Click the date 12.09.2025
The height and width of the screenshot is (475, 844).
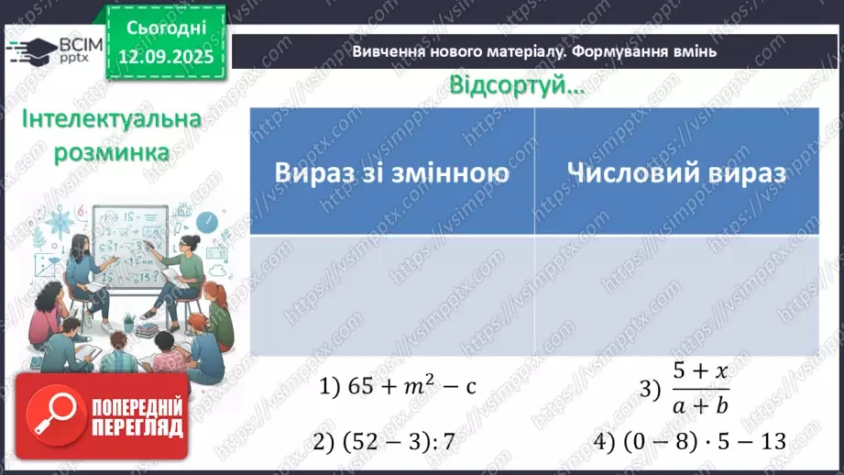pyautogui.click(x=168, y=55)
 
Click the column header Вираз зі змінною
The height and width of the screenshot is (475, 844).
pyautogui.click(x=391, y=172)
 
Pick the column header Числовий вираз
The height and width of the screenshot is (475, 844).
pyautogui.click(x=675, y=172)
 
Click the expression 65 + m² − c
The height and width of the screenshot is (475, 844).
pyautogui.click(x=400, y=387)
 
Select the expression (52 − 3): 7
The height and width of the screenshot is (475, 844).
pyautogui.click(x=385, y=442)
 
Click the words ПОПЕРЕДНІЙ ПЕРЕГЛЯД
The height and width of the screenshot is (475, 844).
pyautogui.click(x=137, y=417)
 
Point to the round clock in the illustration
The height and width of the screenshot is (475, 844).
pyautogui.click(x=207, y=222)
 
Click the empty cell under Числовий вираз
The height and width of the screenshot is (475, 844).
pyautogui.click(x=676, y=294)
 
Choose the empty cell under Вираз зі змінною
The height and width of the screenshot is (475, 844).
pyautogui.click(x=391, y=294)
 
